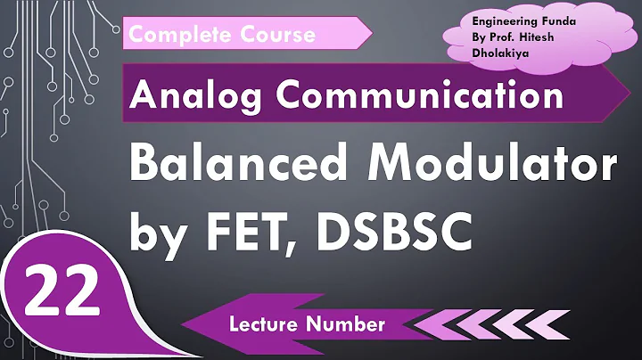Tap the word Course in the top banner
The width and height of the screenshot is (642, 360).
pos(273,34)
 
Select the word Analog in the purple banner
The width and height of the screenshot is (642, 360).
pos(197,92)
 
